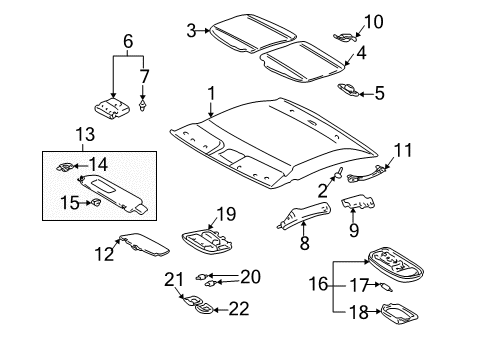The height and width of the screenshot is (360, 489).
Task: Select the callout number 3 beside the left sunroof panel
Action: click(x=190, y=30)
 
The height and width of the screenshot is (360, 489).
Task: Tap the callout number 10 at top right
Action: click(x=373, y=21)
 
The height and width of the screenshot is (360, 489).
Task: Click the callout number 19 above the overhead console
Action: click(x=226, y=213)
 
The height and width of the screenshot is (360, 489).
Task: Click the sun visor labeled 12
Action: click(x=139, y=250)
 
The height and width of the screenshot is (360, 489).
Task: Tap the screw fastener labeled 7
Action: click(x=146, y=103)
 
